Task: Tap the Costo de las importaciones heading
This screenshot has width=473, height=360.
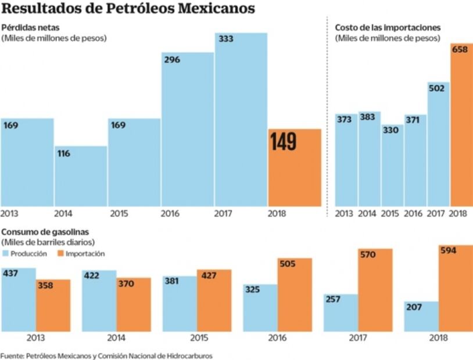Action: tap(388, 27)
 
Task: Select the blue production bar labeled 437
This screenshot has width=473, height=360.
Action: tap(19, 299)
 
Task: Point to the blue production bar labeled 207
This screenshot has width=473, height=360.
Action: tap(421, 316)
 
